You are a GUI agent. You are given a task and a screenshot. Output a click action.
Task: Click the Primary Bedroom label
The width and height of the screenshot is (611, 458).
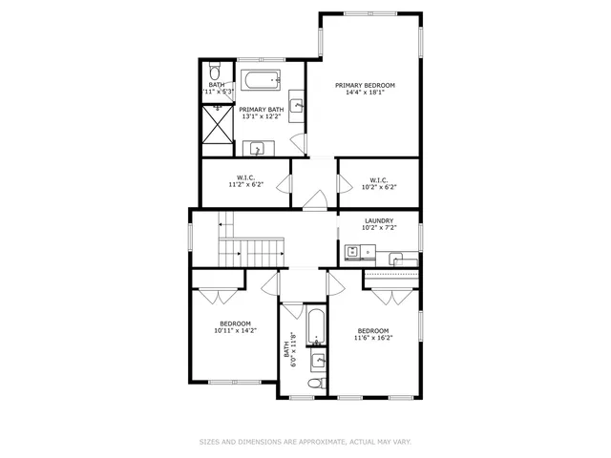365,85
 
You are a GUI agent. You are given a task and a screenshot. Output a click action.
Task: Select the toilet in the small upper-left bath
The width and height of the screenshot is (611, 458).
216,73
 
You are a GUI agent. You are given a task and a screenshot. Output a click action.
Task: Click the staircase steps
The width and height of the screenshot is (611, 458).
252,252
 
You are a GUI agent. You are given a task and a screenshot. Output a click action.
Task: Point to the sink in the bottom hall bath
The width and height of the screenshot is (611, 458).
318,361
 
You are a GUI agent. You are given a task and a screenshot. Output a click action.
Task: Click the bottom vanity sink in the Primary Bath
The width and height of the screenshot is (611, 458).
256,148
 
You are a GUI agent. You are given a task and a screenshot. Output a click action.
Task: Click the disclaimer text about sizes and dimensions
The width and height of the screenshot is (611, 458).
305,442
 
